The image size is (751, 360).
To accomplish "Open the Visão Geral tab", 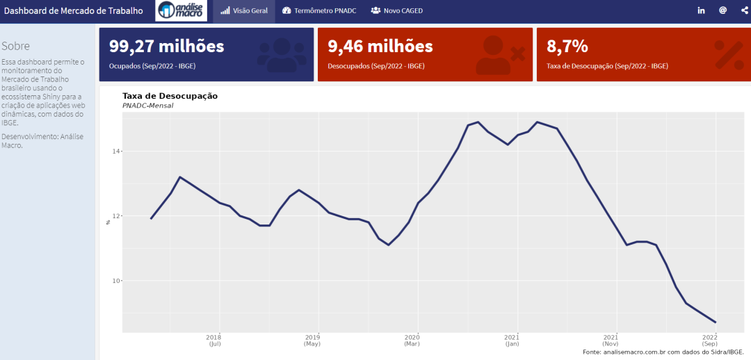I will coord(244,10).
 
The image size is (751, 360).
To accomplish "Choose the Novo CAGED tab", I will coord(397,10).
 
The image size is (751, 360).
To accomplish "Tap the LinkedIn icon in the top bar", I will coord(701,10).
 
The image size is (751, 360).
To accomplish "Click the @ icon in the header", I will coord(722,10).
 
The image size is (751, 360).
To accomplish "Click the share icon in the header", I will coord(744,10).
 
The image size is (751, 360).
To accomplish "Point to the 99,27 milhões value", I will coord(166,47).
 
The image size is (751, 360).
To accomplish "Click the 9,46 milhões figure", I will coord(380,47).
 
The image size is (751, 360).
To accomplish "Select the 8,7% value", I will coord(567,47).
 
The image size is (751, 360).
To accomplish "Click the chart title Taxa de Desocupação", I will coord(170,96).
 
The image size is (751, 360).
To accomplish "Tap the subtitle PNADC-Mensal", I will coord(147,106).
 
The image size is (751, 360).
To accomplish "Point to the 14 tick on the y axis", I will coord(117,152).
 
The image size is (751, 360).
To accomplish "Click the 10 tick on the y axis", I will coord(117,281).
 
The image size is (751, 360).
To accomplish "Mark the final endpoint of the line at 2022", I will coord(716,322).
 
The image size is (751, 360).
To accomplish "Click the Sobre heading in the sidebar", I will coord(15,46).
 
